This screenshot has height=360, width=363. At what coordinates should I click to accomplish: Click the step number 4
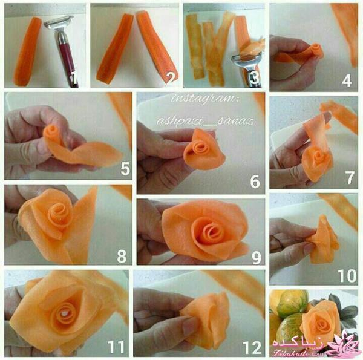click(x=347, y=80)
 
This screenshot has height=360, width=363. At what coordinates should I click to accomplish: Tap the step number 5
click(x=125, y=169)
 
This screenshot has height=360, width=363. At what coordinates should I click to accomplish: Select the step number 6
click(x=255, y=182)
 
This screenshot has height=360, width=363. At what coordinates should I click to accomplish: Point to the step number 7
click(x=350, y=178)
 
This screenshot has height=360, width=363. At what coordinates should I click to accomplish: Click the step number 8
click(x=122, y=257)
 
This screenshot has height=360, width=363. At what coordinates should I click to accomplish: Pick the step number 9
click(x=257, y=258)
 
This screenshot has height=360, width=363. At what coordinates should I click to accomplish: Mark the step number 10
click(x=347, y=275)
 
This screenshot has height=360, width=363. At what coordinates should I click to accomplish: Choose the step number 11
click(x=116, y=347)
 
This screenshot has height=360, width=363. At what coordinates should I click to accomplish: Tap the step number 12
click(x=252, y=347)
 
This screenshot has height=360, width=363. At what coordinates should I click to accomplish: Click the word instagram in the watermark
click(x=205, y=99)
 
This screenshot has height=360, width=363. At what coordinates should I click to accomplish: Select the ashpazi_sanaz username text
click(x=205, y=120)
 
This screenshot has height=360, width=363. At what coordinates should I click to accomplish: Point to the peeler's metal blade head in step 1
click(x=59, y=22)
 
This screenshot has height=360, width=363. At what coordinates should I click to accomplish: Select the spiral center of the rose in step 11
click(x=63, y=313)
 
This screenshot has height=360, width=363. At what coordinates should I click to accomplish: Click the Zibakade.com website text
click(x=298, y=353)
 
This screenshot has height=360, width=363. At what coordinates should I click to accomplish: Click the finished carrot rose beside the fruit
click(x=319, y=321)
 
